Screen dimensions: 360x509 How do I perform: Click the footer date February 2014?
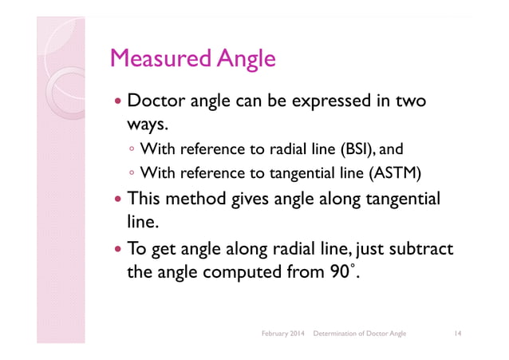[282, 331]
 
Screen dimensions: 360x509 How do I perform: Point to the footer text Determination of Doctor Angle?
[360, 331]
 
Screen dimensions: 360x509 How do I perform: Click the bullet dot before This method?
[117, 198]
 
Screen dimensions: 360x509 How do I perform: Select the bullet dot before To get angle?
[117, 251]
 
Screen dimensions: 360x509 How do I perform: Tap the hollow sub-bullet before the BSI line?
[132, 149]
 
